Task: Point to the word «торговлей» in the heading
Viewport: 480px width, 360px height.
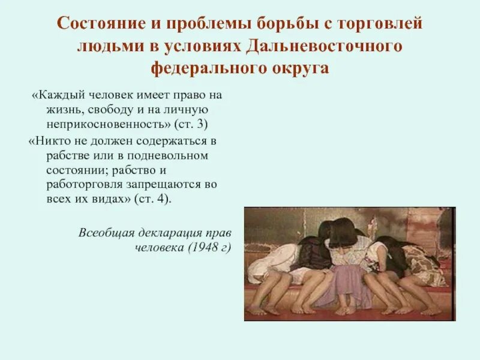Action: pos(383,25)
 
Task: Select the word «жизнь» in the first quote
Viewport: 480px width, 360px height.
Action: pos(67,110)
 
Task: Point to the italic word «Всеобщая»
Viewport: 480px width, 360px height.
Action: pos(103,233)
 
